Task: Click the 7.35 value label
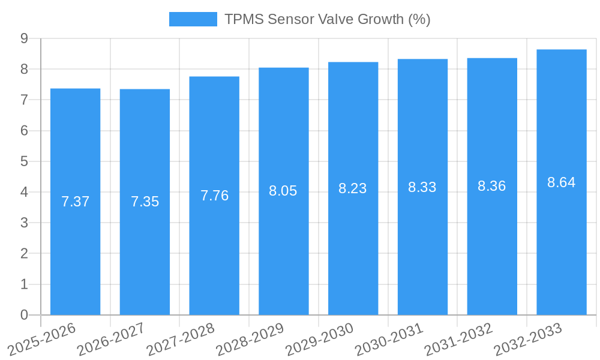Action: [145, 202]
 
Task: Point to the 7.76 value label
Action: [214, 196]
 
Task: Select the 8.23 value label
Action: [353, 188]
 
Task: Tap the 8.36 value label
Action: [492, 186]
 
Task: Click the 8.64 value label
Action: [562, 182]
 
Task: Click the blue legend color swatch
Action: [193, 19]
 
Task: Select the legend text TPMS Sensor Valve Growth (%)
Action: [328, 19]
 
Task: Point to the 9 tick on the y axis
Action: [24, 38]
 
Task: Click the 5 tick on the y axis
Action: [24, 161]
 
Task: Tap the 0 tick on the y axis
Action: [24, 315]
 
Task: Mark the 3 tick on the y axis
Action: [24, 223]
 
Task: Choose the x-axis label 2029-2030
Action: [320, 339]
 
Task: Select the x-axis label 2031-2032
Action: [459, 339]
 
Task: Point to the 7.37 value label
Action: [75, 202]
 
